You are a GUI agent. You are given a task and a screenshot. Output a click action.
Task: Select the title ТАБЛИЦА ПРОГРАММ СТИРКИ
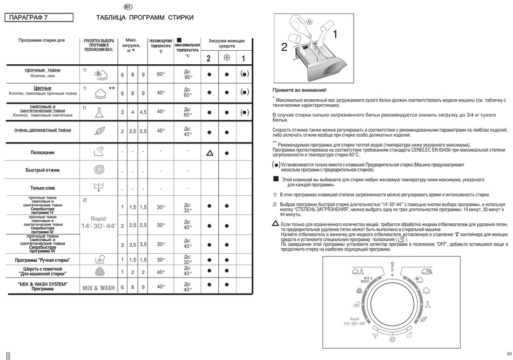(x=144, y=18)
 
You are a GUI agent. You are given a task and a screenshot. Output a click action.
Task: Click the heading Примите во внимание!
(x=299, y=90)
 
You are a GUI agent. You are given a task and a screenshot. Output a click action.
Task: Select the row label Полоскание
(x=42, y=153)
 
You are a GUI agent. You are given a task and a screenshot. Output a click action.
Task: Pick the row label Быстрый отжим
(x=42, y=170)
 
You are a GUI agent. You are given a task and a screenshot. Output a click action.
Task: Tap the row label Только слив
(x=42, y=188)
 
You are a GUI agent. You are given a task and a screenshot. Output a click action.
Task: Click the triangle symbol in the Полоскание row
(x=208, y=153)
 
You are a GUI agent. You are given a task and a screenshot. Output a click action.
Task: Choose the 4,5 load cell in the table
(x=143, y=112)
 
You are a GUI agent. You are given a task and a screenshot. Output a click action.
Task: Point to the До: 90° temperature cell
(x=187, y=74)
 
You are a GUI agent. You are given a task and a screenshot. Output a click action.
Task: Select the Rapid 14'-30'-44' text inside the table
(x=98, y=222)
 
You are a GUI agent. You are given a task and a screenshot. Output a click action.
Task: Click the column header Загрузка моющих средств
(x=227, y=43)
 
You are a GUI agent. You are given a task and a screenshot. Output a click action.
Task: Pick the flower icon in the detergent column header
(x=227, y=58)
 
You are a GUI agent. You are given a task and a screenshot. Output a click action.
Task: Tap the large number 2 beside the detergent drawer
(x=284, y=47)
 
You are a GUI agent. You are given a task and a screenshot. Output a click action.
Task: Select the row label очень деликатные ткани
(x=42, y=130)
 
